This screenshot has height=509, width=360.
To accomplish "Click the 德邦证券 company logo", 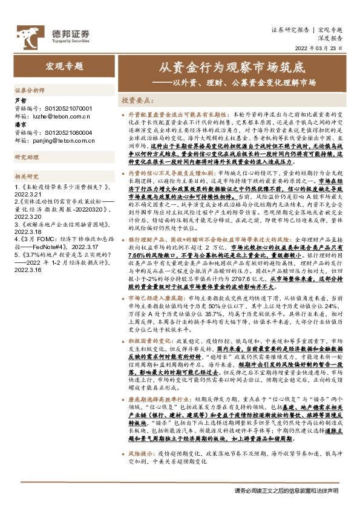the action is pos(54,34).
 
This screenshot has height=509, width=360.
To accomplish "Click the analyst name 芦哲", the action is pos(20,100).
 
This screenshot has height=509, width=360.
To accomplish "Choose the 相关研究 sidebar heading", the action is pos(26,176).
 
